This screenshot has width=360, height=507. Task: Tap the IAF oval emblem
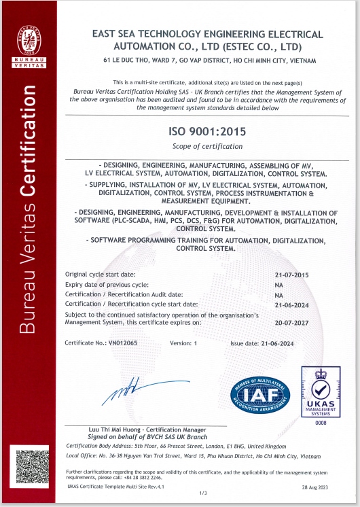click(260, 393)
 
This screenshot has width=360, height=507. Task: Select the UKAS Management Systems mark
click(321, 392)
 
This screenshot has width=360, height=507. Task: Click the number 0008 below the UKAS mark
click(321, 423)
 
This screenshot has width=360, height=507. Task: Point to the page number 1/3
click(202, 492)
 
